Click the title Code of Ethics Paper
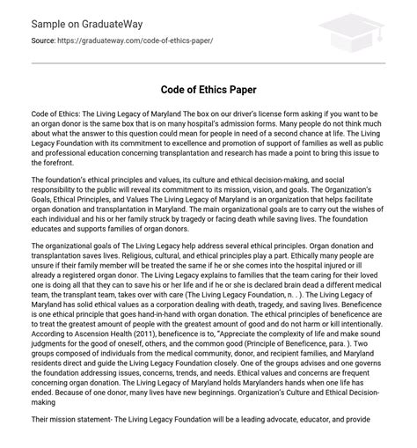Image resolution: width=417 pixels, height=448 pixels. point(208,90)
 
